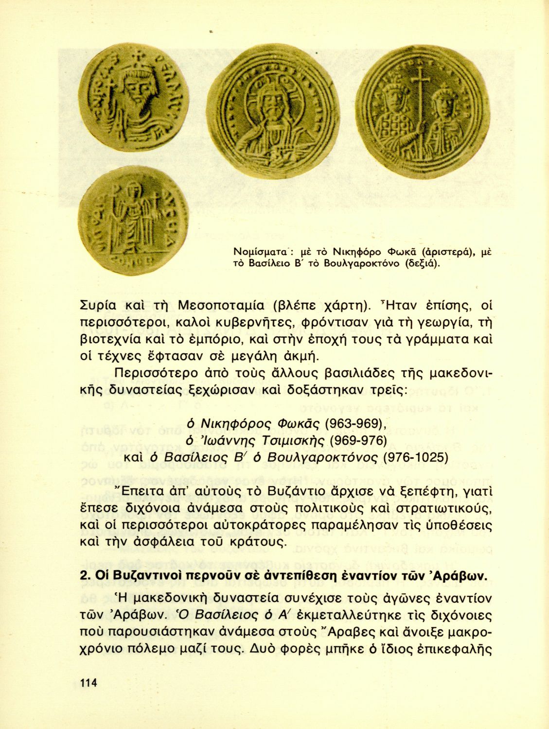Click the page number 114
coord(88,683)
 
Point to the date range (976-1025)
coord(416,457)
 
